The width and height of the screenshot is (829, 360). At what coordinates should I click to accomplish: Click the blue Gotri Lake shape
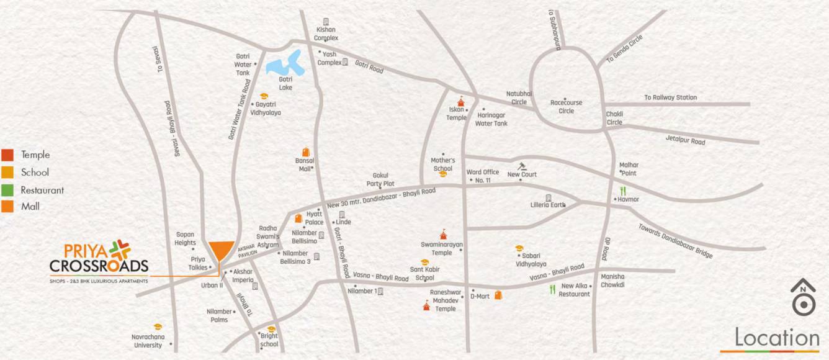click(x=285, y=65)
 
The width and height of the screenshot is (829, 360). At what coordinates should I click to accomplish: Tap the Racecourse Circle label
click(x=566, y=107)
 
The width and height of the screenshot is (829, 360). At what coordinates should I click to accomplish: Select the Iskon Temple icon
click(x=460, y=101)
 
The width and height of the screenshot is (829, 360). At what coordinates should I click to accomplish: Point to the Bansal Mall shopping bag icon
click(x=305, y=152)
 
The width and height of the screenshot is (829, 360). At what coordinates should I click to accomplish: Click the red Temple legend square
click(x=7, y=155)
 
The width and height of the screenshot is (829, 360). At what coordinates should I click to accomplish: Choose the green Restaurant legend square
click(x=7, y=190)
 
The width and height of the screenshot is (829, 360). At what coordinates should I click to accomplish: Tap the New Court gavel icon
click(x=522, y=166)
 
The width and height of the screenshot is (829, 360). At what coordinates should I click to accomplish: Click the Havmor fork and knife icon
click(x=622, y=191)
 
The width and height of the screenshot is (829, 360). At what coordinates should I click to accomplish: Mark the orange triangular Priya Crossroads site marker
click(x=221, y=252)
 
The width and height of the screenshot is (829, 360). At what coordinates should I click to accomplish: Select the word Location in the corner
click(x=777, y=338)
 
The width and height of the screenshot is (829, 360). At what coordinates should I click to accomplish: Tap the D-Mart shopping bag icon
click(x=498, y=295)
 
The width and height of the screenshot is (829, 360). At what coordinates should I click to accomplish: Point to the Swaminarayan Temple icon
click(x=442, y=235)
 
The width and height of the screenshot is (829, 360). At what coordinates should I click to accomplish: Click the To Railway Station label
click(x=670, y=97)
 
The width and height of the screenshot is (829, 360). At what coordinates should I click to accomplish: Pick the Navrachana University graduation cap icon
click(x=158, y=326)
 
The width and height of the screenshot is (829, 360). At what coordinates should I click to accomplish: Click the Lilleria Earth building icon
click(x=549, y=197)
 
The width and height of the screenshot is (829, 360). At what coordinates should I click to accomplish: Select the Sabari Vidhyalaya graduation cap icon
click(x=519, y=248)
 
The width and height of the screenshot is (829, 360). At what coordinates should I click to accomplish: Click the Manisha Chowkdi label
click(x=612, y=281)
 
